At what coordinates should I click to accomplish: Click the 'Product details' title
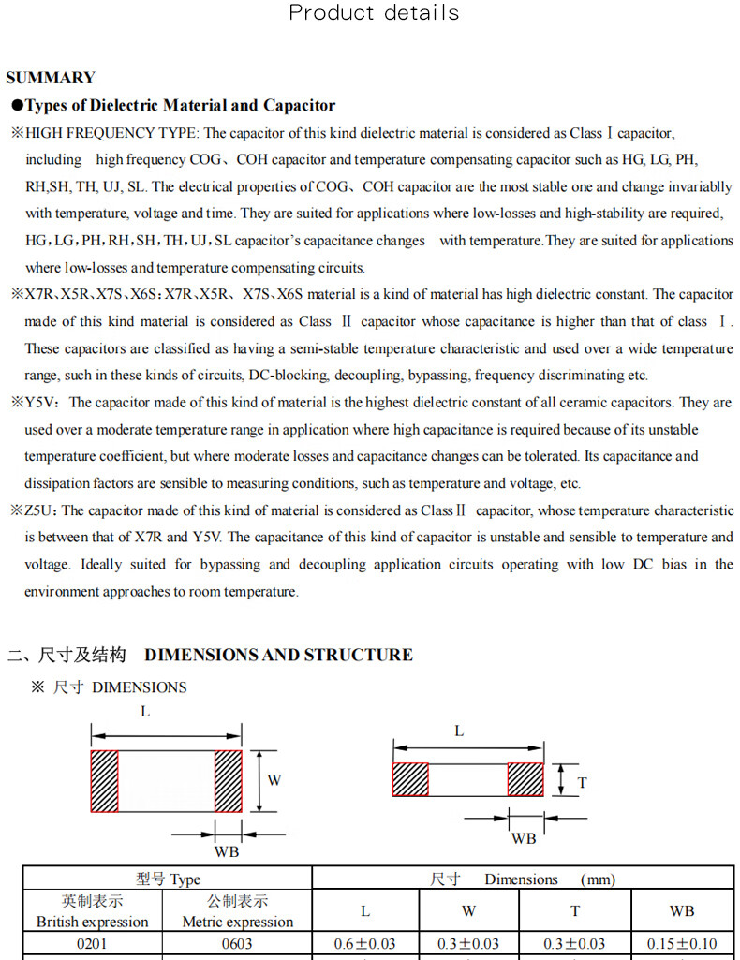click(x=374, y=13)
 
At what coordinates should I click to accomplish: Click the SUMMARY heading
click(x=51, y=78)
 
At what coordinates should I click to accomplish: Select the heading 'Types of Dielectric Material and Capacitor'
click(x=179, y=105)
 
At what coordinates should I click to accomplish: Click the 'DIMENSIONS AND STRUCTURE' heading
click(x=278, y=655)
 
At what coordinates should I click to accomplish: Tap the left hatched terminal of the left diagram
click(x=104, y=781)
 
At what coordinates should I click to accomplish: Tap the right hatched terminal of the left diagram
click(x=228, y=781)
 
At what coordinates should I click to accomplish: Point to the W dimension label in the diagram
click(x=274, y=780)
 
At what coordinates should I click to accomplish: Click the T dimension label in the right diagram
click(x=583, y=782)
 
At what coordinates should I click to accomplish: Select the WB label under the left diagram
click(x=227, y=851)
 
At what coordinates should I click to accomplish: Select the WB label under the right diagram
click(x=524, y=838)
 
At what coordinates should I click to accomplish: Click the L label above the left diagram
click(x=145, y=712)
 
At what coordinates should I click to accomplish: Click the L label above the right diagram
click(x=459, y=731)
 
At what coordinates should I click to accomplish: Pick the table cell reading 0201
click(x=92, y=943)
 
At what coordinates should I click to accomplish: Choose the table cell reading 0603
click(x=237, y=943)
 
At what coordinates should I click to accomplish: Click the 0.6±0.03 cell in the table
click(x=365, y=943)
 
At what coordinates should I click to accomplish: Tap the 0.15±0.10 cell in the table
click(x=682, y=943)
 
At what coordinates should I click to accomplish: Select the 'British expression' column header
click(x=92, y=922)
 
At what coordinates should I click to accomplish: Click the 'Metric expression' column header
click(x=237, y=922)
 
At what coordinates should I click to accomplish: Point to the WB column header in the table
click(x=682, y=910)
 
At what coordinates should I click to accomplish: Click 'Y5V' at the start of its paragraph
click(x=42, y=403)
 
